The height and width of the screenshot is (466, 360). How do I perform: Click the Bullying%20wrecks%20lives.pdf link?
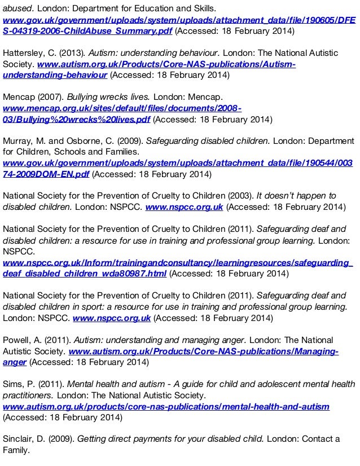(x=77, y=119)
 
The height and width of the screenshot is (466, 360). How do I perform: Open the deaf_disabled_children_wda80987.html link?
(x=85, y=274)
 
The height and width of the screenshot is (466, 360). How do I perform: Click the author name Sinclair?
(x=19, y=439)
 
